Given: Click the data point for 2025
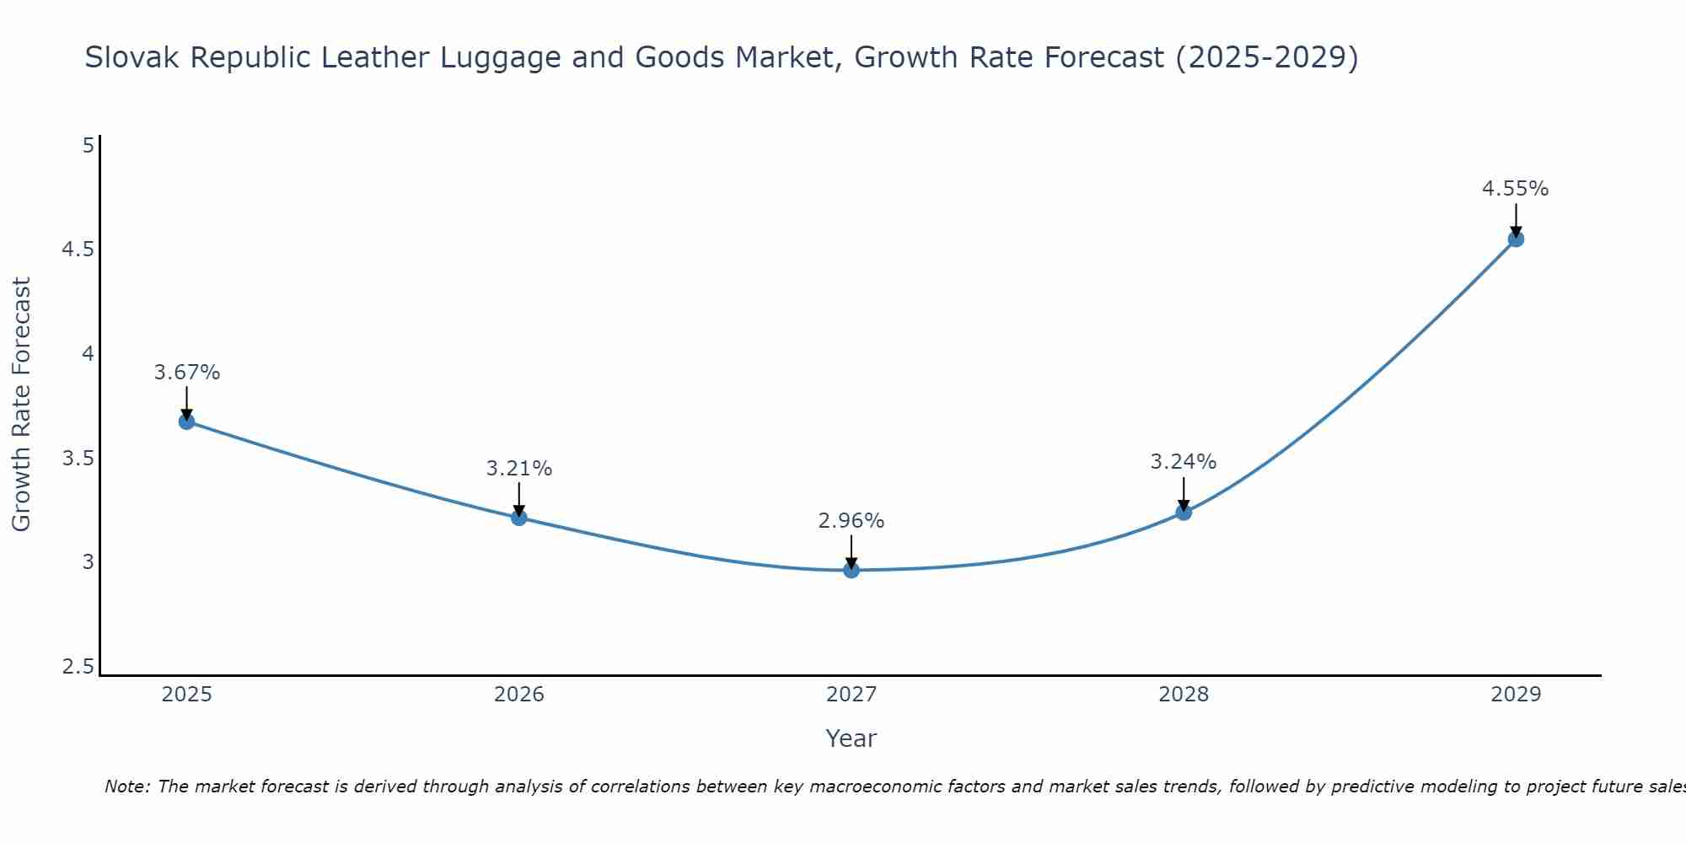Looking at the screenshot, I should (x=186, y=421).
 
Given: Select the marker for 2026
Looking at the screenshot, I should (x=518, y=518).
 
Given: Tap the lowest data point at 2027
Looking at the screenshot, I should (x=851, y=570).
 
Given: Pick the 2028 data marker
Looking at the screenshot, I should (x=1183, y=512).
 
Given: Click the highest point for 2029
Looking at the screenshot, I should (x=1515, y=239).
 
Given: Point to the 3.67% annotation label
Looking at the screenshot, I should (x=186, y=373).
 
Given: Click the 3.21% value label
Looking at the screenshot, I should (x=518, y=469).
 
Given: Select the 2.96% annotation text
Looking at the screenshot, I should (x=851, y=521).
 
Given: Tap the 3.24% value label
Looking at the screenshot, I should (x=1183, y=462).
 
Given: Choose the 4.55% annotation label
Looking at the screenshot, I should (x=1515, y=189).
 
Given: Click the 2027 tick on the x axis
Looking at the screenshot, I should (x=851, y=695).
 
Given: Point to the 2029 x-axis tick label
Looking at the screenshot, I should (x=1515, y=695).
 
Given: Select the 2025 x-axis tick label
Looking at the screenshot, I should (x=186, y=695).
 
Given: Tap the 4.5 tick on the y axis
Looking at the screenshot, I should (x=77, y=250).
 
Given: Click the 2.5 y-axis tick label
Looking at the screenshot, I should (x=77, y=667).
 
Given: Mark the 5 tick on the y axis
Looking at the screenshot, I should (x=88, y=146).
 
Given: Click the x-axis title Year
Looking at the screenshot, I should (x=851, y=738).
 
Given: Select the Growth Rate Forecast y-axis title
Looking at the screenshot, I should (x=21, y=405).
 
